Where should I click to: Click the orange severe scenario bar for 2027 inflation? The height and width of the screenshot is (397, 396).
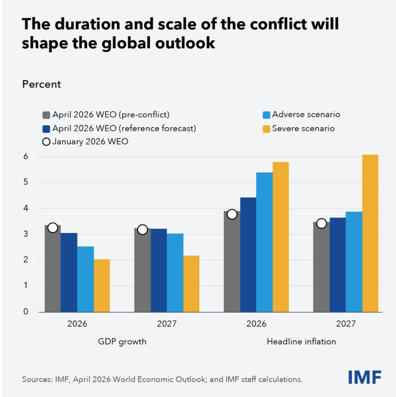[370, 233]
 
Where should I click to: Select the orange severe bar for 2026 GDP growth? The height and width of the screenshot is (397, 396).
[102, 286]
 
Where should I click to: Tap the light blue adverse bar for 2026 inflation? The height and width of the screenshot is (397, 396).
[264, 242]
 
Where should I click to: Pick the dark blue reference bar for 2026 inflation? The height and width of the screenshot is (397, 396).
[248, 254]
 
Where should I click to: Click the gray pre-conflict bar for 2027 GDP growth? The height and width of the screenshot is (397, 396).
[142, 270]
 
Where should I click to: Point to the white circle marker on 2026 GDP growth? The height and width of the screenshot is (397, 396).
[52, 228]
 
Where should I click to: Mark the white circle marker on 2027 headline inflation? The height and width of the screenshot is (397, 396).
[321, 223]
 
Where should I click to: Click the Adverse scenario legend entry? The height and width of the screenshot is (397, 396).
[301, 114]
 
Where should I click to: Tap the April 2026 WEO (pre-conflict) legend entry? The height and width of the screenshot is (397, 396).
[106, 114]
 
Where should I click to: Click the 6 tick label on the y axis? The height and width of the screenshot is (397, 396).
[24, 157]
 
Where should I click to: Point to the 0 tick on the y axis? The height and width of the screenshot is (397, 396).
[24, 312]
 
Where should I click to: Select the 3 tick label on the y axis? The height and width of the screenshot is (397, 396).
[24, 234]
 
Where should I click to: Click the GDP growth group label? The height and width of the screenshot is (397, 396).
[122, 342]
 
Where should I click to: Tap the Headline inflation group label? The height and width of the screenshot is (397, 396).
[301, 342]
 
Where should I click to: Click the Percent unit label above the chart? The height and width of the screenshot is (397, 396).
[41, 84]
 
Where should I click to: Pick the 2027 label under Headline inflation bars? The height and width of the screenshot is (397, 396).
[346, 323]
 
